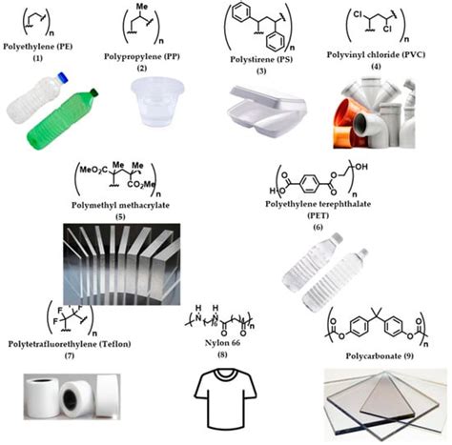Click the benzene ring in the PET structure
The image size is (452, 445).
[x=308, y=178]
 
